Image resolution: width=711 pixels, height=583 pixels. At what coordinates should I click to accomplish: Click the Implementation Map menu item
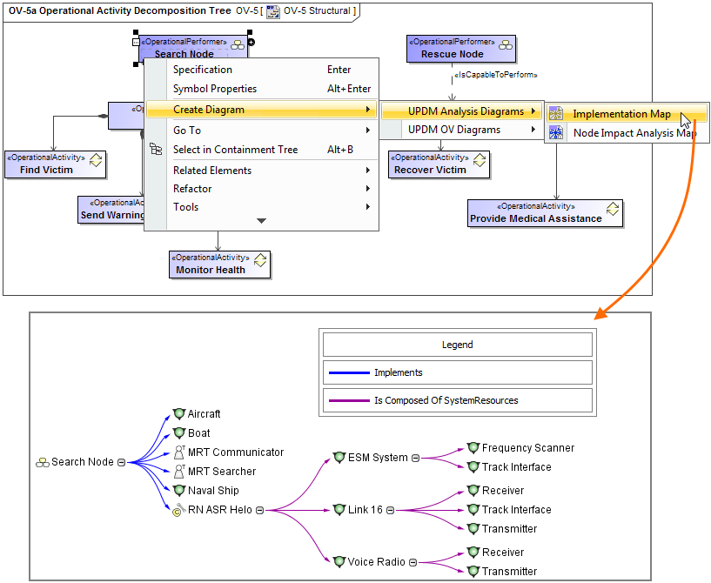tap(621, 114)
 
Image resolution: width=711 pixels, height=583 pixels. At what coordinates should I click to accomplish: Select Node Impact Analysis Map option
tap(634, 133)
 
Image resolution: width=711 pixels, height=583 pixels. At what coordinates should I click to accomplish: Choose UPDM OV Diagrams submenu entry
tap(454, 130)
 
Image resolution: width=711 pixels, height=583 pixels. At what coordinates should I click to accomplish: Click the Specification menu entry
tap(203, 70)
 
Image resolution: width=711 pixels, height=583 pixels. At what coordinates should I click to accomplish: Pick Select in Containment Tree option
tap(235, 150)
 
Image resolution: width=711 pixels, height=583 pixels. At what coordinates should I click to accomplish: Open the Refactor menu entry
tap(192, 189)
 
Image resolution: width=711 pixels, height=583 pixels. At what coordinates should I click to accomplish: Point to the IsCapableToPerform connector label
tap(496, 76)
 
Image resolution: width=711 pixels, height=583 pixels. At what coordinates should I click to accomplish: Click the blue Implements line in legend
tap(349, 372)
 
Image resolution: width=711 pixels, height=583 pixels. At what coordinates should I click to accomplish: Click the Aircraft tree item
tap(204, 414)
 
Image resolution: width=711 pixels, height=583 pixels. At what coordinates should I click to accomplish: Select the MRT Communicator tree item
tap(235, 452)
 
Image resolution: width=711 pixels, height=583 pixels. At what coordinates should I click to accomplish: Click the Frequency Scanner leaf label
tap(527, 448)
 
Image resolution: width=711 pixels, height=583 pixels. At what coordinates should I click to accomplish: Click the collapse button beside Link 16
tap(391, 510)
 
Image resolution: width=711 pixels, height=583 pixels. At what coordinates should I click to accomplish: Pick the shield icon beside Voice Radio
tap(339, 562)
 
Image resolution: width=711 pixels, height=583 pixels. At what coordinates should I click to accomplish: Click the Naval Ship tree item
tap(212, 491)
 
